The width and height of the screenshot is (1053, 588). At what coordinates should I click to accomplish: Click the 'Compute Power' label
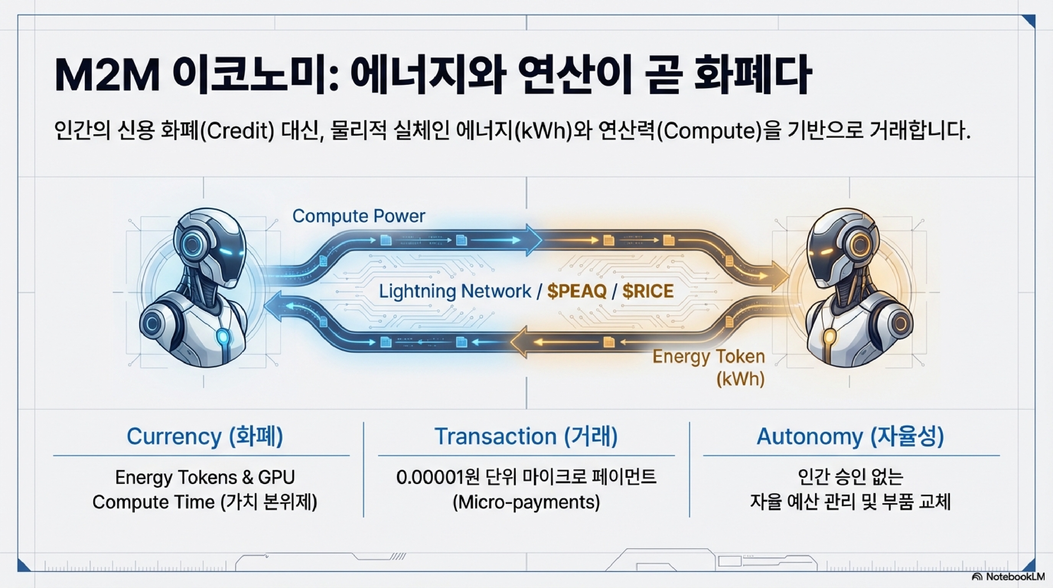[x=358, y=216]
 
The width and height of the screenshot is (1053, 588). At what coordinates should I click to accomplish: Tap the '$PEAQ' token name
[x=577, y=291]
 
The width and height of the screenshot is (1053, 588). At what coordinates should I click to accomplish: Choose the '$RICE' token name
[x=648, y=291]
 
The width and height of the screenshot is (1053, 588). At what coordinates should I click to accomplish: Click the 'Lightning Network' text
[x=455, y=291]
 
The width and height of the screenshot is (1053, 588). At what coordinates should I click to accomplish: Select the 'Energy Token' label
[x=708, y=356]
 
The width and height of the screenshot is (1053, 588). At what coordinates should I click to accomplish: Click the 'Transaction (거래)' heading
[x=526, y=436]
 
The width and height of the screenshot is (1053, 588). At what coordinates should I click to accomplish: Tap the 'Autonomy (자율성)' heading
[x=850, y=436]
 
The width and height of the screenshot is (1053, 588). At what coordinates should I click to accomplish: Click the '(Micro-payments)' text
[x=526, y=502]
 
